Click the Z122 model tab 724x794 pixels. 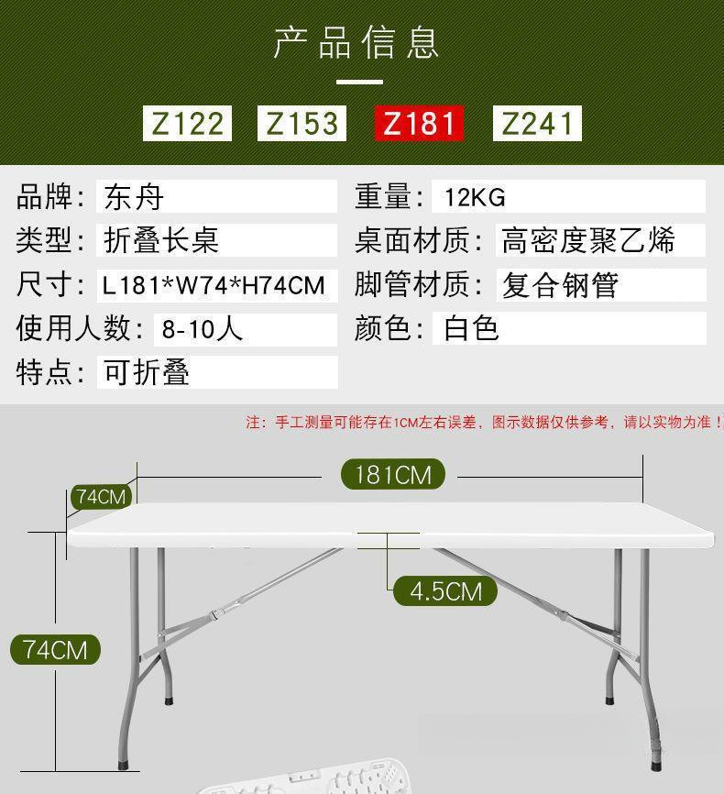pyautogui.click(x=187, y=123)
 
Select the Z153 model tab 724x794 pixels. pyautogui.click(x=302, y=123)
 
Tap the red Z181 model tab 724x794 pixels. pyautogui.click(x=419, y=123)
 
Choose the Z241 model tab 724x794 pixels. pyautogui.click(x=537, y=123)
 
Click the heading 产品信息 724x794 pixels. pyautogui.click(x=357, y=42)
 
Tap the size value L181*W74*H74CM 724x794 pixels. pyautogui.click(x=214, y=285)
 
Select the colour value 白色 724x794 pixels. pyautogui.click(x=471, y=328)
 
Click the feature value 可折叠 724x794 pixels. pyautogui.click(x=147, y=372)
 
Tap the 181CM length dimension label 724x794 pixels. pyautogui.click(x=392, y=474)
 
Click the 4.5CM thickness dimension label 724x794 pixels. pyautogui.click(x=444, y=591)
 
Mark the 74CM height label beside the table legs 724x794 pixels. pyautogui.click(x=55, y=650)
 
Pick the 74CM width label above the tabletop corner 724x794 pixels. pyautogui.click(x=101, y=497)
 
